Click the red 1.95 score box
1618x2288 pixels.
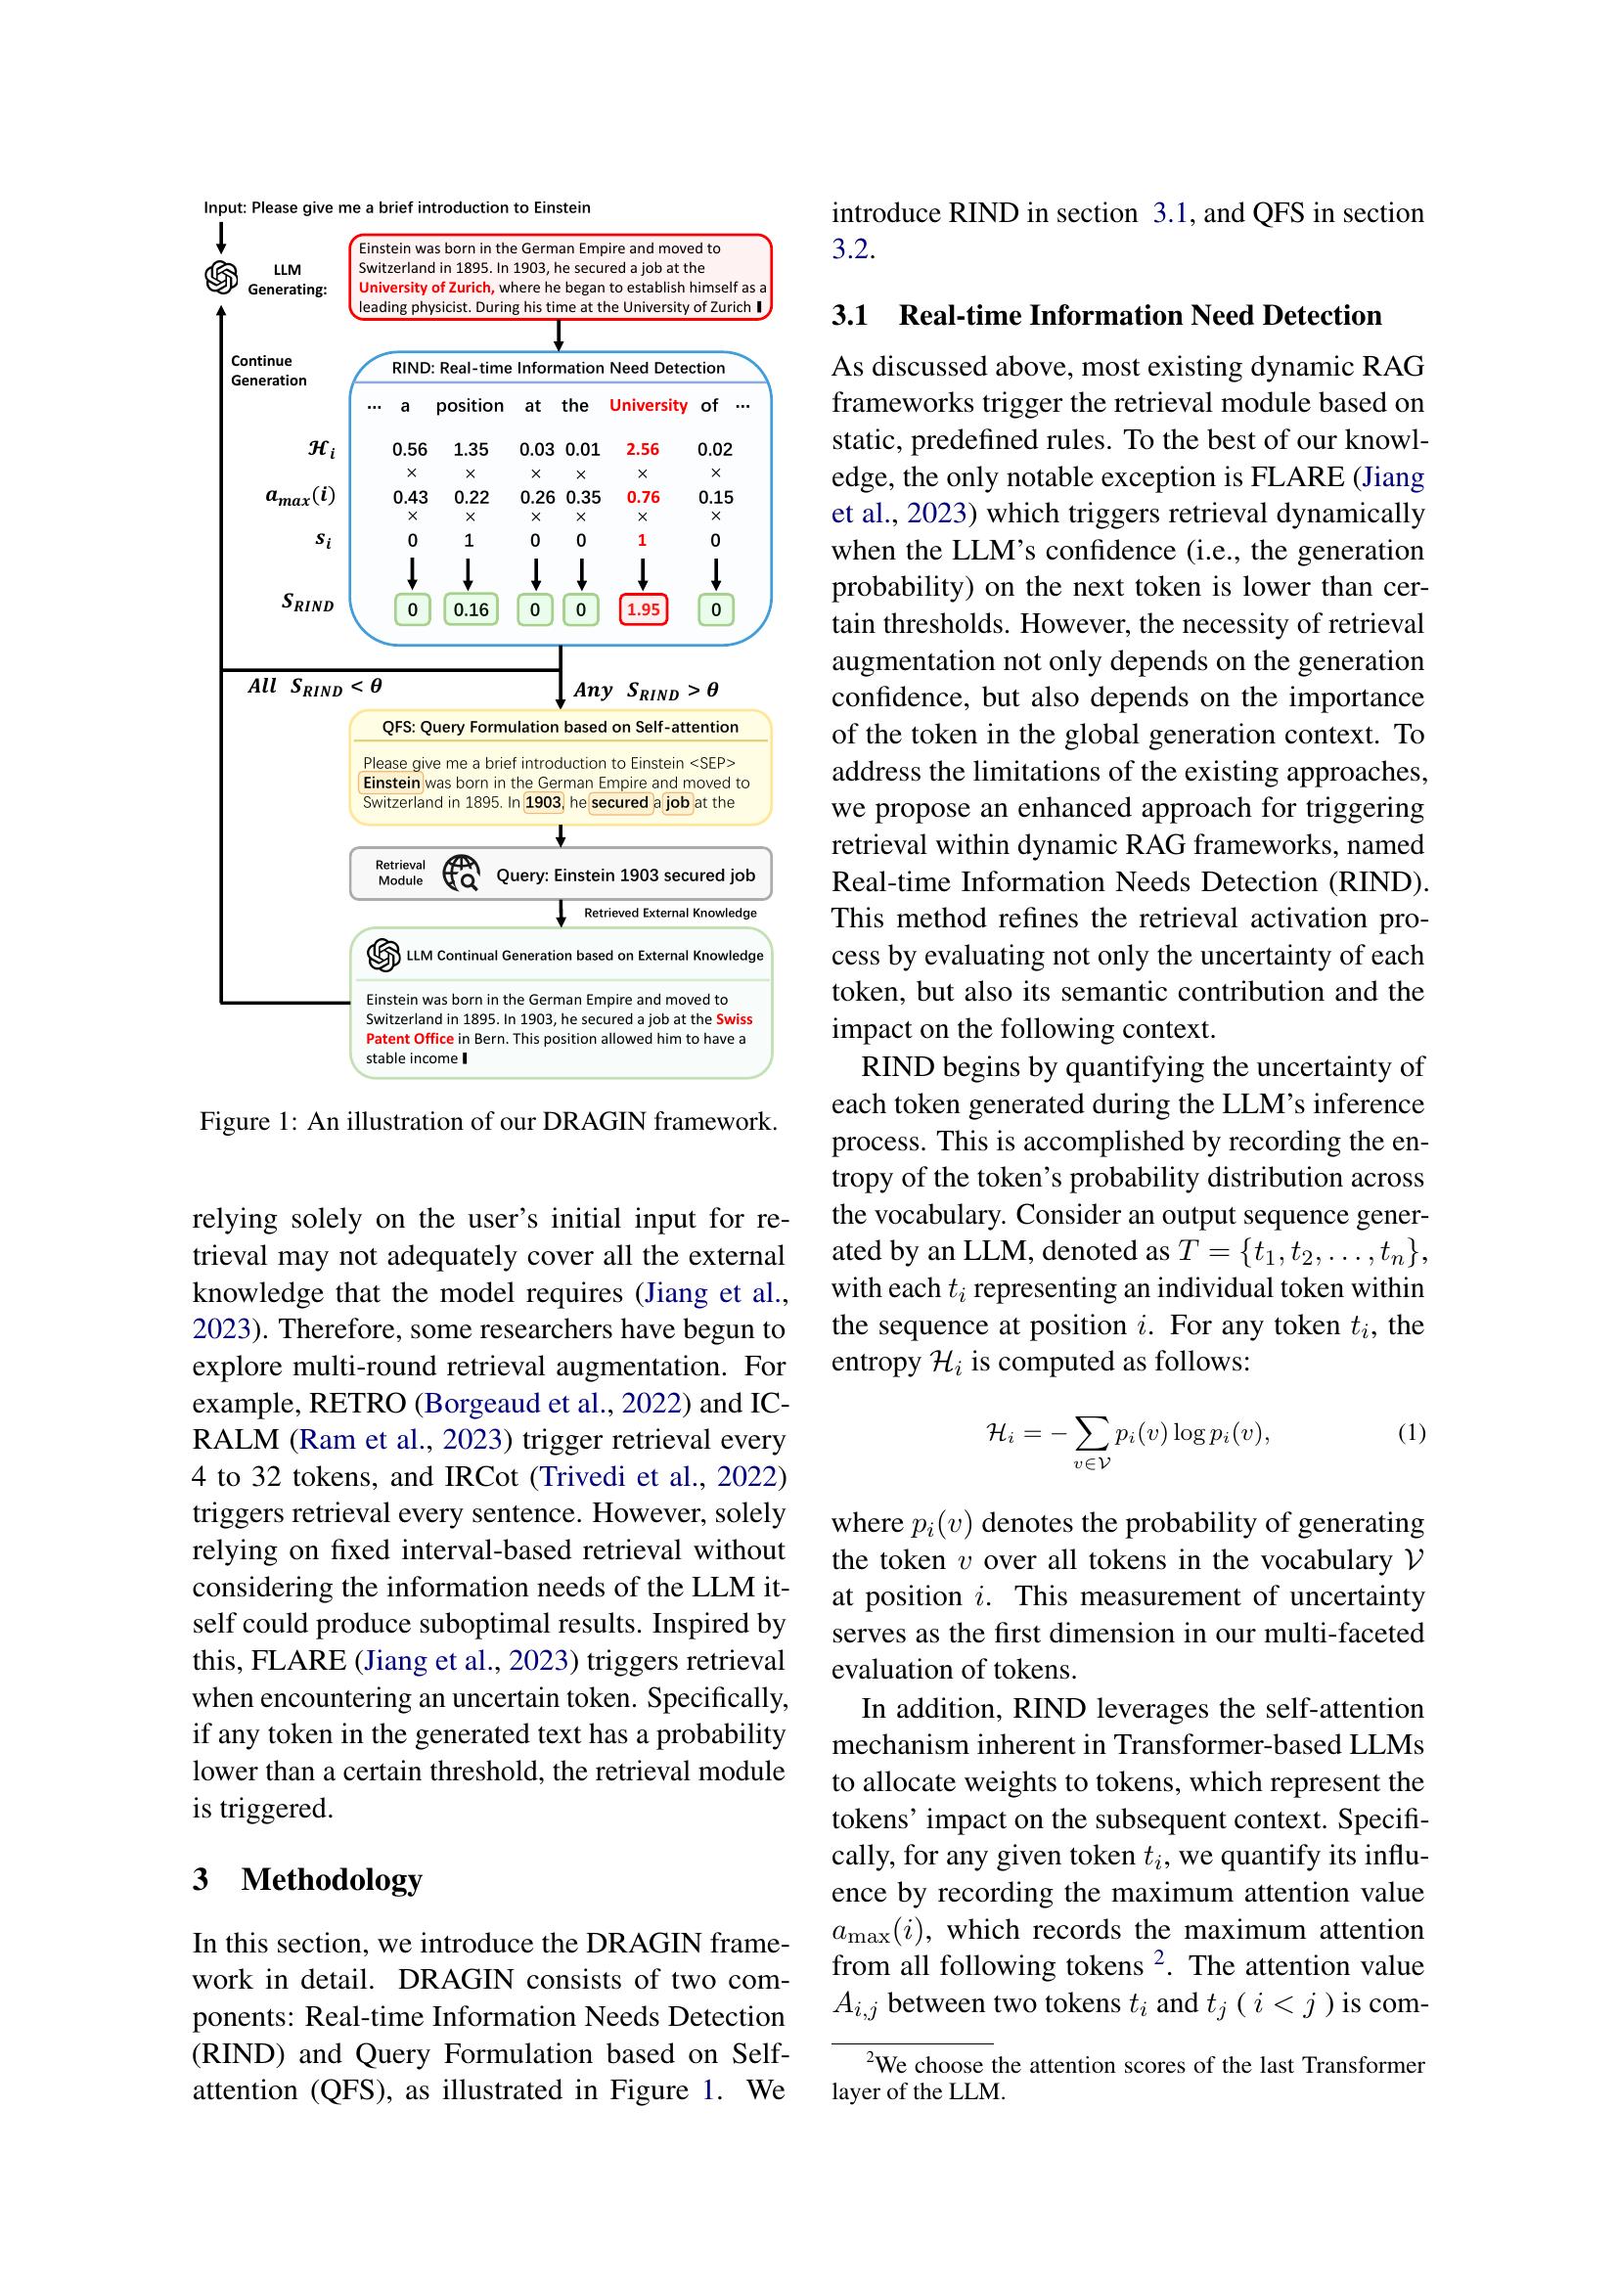pyautogui.click(x=643, y=608)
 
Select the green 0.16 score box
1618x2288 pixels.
pyautogui.click(x=471, y=608)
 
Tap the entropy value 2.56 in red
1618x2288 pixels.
pyautogui.click(x=643, y=449)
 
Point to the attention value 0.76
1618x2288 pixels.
pyautogui.click(x=643, y=497)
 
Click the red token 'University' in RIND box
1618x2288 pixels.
pyautogui.click(x=648, y=406)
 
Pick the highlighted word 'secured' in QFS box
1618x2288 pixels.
pyautogui.click(x=619, y=802)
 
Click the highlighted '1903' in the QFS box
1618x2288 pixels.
pyautogui.click(x=543, y=802)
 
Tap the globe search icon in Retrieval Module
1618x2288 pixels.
pyautogui.click(x=462, y=873)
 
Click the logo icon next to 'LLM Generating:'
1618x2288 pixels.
pyautogui.click(x=221, y=277)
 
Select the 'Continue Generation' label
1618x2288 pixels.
pyautogui.click(x=268, y=371)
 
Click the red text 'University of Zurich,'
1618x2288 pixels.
pyautogui.click(x=427, y=288)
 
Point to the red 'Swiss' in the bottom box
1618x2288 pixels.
pyautogui.click(x=735, y=1019)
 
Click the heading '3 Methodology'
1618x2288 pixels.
pyautogui.click(x=307, y=1878)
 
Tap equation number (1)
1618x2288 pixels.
pyautogui.click(x=1411, y=1433)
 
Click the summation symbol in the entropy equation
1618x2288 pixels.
pyautogui.click(x=1092, y=1434)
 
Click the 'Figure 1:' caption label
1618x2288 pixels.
pyautogui.click(x=248, y=1121)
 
